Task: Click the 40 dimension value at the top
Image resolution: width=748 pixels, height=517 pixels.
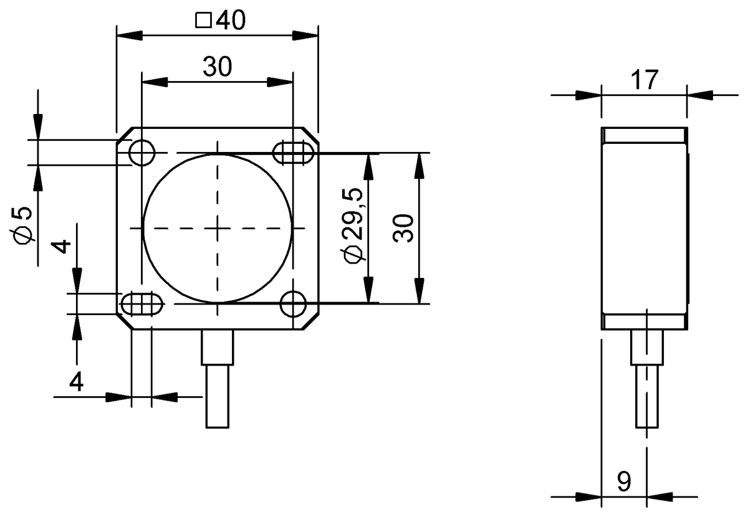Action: [x=230, y=21]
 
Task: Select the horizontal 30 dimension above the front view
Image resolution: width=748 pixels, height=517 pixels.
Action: [x=217, y=66]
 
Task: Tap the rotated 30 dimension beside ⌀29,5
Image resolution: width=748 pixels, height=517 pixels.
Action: [x=403, y=228]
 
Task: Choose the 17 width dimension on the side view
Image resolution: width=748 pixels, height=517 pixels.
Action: [x=644, y=80]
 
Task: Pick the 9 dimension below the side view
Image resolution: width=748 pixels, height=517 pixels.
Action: [x=623, y=481]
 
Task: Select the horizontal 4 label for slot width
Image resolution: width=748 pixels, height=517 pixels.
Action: [x=76, y=381]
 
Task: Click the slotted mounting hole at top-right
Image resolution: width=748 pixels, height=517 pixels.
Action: [x=293, y=152]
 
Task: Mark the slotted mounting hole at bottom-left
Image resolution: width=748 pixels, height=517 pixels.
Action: [x=141, y=305]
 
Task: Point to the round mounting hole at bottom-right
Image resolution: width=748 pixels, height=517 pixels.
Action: [x=292, y=305]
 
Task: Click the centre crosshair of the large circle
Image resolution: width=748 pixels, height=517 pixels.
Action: [x=218, y=228]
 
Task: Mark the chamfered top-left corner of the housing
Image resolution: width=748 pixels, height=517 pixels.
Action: [x=124, y=134]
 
